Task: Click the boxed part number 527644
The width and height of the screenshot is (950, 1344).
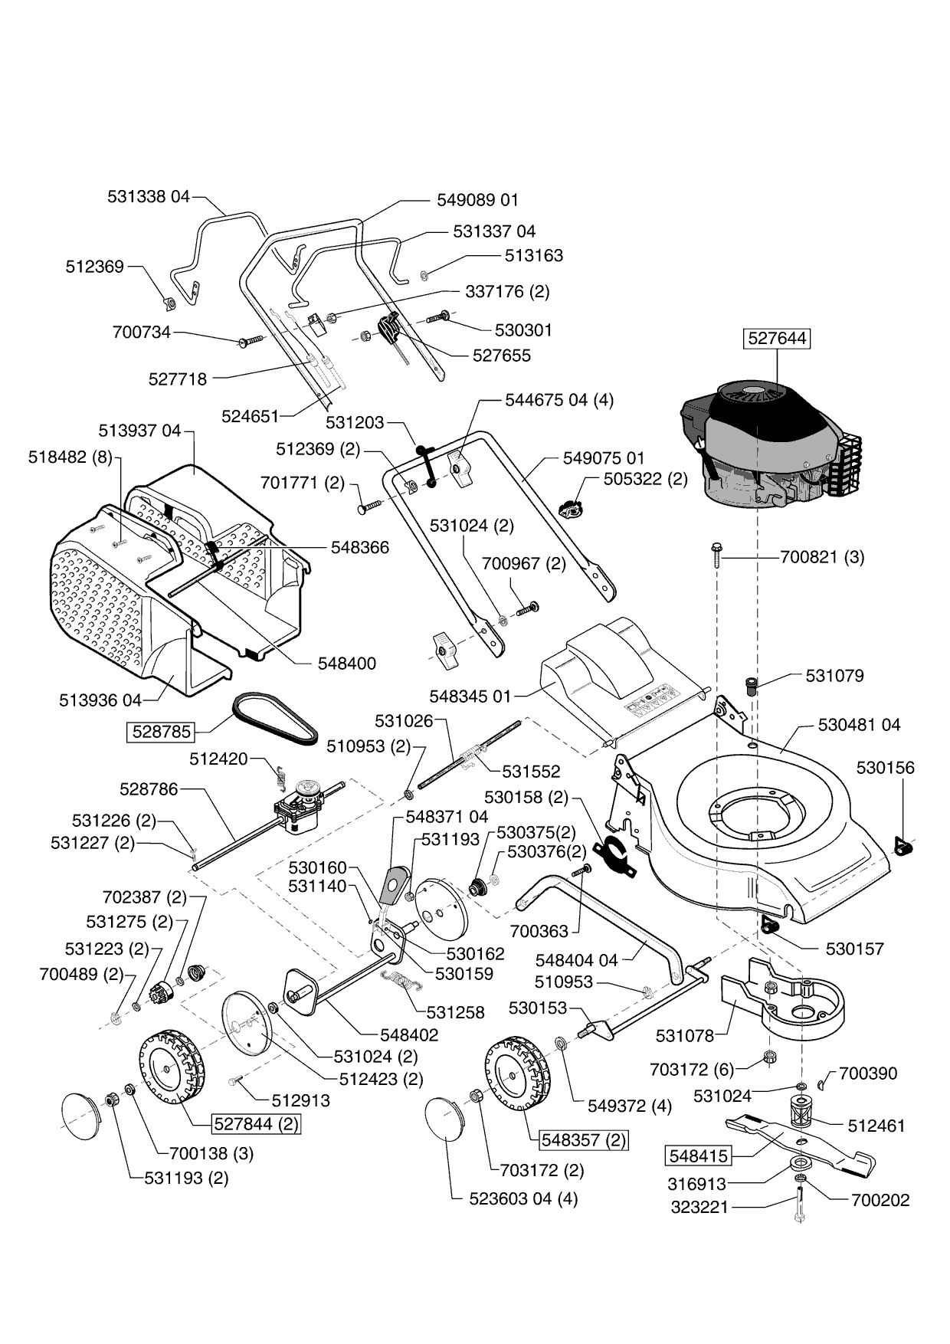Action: pyautogui.click(x=777, y=338)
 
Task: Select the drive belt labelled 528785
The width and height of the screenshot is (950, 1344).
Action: pyautogui.click(x=276, y=718)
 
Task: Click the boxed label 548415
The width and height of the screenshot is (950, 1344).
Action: pyautogui.click(x=697, y=1155)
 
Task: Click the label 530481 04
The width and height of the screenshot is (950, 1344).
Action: pyautogui.click(x=859, y=724)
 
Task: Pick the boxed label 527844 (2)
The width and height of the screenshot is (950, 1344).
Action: pyautogui.click(x=256, y=1124)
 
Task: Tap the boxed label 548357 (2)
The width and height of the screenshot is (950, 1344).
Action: pyautogui.click(x=583, y=1139)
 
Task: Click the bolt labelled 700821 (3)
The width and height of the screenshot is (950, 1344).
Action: pyautogui.click(x=716, y=556)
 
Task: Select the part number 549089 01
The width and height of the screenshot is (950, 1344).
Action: pyautogui.click(x=477, y=200)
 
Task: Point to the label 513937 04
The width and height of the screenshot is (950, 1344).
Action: pyautogui.click(x=140, y=431)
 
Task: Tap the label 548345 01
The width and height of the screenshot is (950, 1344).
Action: pyautogui.click(x=470, y=697)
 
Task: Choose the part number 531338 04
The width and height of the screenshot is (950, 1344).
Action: pyautogui.click(x=148, y=196)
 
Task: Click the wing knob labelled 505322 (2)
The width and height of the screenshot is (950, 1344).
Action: pyautogui.click(x=571, y=506)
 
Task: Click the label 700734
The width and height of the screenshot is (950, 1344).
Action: pyautogui.click(x=142, y=333)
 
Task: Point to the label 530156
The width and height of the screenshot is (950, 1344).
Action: pyautogui.click(x=885, y=768)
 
